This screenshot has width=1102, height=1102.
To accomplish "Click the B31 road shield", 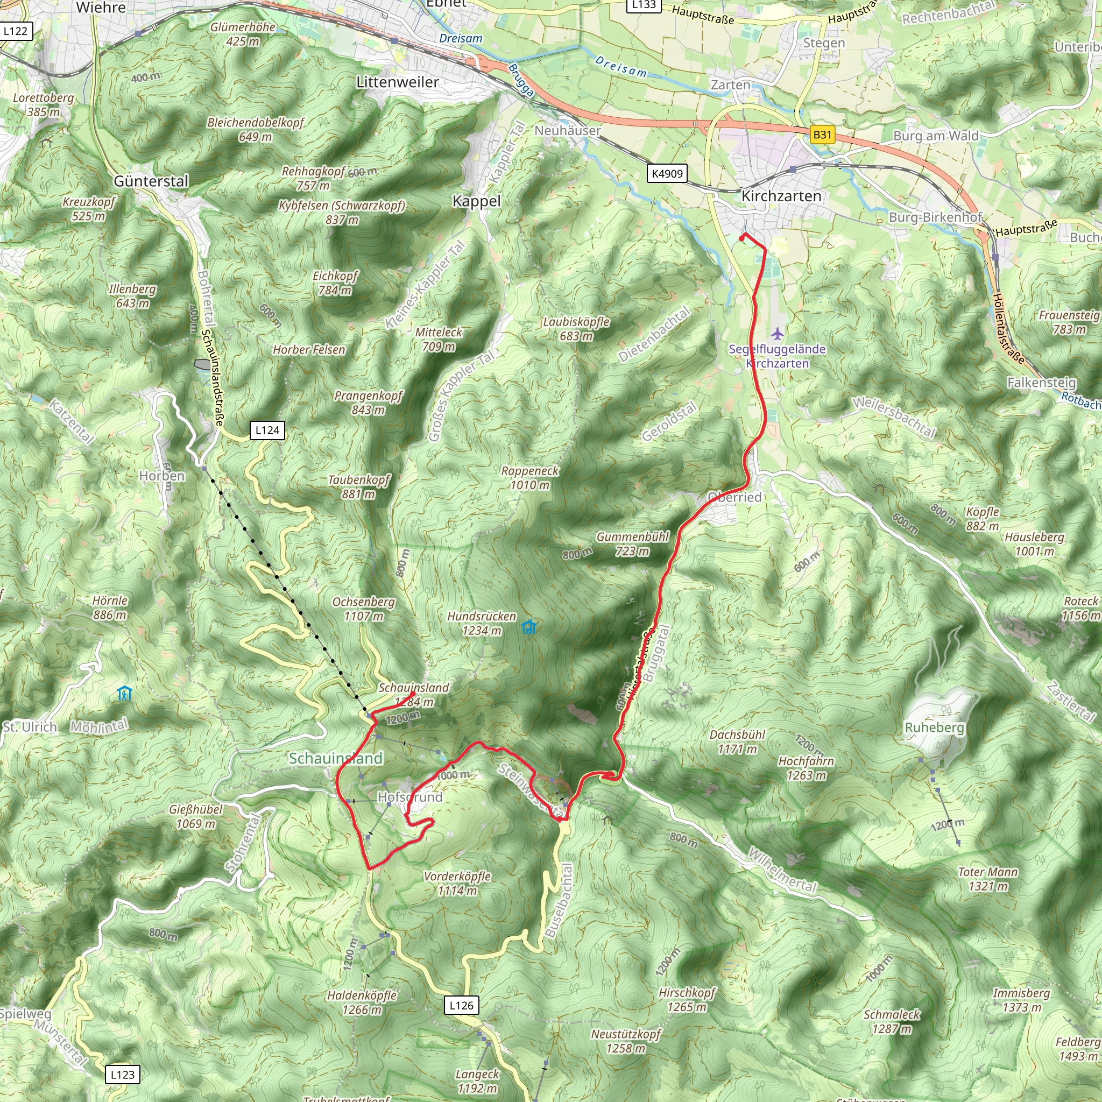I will pyautogui.click(x=822, y=135).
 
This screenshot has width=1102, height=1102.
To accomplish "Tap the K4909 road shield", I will pyautogui.click(x=667, y=173).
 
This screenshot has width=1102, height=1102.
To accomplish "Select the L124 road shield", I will pyautogui.click(x=267, y=430).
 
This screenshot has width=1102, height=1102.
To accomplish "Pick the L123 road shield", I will pyautogui.click(x=122, y=1075).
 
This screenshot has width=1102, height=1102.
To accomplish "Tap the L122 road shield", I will pyautogui.click(x=15, y=31).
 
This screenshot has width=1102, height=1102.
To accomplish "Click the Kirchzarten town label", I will pyautogui.click(x=781, y=196).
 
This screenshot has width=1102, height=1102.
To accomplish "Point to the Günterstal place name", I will pyautogui.click(x=151, y=181).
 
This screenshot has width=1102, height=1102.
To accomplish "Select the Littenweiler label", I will pyautogui.click(x=398, y=82).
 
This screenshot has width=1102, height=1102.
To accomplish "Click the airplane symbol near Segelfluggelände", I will pyautogui.click(x=778, y=333).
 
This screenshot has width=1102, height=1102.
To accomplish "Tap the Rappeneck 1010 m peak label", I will pyautogui.click(x=530, y=478).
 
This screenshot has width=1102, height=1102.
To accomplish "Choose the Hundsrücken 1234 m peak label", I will pyautogui.click(x=482, y=624).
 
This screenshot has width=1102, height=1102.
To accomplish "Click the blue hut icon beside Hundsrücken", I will pyautogui.click(x=529, y=627).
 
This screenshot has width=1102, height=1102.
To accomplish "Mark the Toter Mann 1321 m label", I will pyautogui.click(x=988, y=879).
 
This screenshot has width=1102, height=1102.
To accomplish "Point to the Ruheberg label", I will pyautogui.click(x=934, y=729).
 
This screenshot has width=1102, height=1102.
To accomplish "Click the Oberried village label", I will pyautogui.click(x=734, y=497).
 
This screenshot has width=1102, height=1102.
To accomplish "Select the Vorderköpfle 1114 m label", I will pyautogui.click(x=457, y=884).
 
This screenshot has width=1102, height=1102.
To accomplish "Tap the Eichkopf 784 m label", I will pyautogui.click(x=335, y=283).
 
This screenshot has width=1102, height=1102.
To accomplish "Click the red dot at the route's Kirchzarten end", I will pyautogui.click(x=741, y=238).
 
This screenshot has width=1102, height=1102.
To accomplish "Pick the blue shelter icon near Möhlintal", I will pyautogui.click(x=124, y=694).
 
